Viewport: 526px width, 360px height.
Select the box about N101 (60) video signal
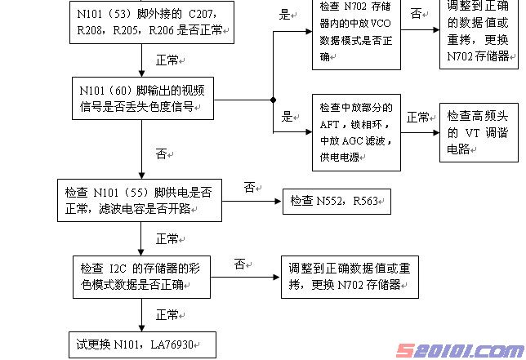coord(143,98)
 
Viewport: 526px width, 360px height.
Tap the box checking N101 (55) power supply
coord(139,200)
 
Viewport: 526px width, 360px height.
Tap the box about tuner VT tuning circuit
coord(479,131)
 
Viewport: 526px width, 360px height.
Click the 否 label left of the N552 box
coord(250,187)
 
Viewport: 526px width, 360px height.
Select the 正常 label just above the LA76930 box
coord(167,314)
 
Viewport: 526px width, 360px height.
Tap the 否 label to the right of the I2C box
coord(240,264)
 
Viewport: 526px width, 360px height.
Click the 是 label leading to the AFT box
coord(287,117)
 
